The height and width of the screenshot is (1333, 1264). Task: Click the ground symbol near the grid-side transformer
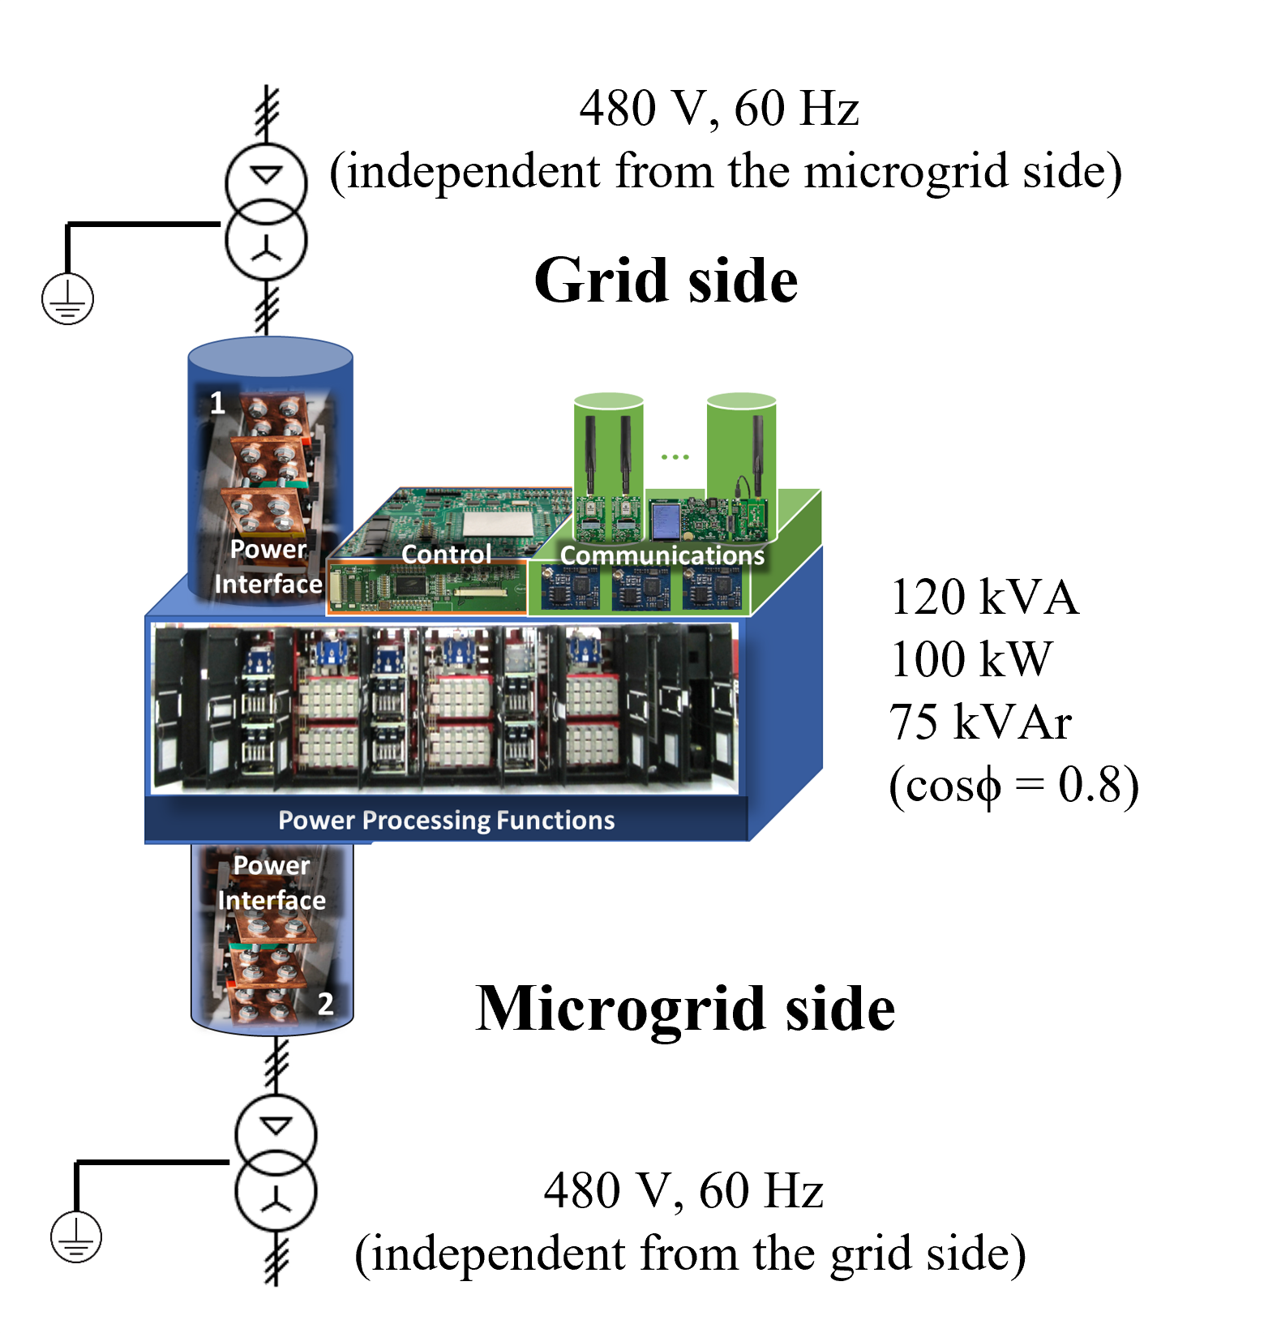click(68, 299)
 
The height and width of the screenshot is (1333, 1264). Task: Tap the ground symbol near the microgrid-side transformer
click(76, 1237)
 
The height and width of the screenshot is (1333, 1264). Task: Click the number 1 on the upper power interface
click(217, 403)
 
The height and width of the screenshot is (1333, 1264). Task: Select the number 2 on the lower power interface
click(325, 1004)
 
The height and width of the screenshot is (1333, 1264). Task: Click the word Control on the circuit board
click(447, 555)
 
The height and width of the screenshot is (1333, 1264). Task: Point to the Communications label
click(662, 555)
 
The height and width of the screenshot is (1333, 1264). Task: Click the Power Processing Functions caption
click(446, 821)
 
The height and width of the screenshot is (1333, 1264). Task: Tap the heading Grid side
click(666, 281)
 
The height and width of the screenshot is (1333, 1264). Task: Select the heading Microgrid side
click(685, 1009)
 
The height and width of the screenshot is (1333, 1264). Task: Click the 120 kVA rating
click(984, 598)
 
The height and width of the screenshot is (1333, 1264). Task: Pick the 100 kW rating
click(971, 659)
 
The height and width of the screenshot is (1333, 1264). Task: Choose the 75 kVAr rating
click(980, 722)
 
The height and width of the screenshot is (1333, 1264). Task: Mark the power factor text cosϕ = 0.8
click(1013, 785)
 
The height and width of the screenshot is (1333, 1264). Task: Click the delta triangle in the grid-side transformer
click(266, 175)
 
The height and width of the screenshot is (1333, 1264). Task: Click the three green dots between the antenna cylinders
click(675, 457)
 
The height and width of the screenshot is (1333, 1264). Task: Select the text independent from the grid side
click(691, 1254)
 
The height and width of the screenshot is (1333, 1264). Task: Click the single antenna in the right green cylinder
click(758, 454)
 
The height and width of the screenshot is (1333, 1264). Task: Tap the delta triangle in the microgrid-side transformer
click(276, 1126)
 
